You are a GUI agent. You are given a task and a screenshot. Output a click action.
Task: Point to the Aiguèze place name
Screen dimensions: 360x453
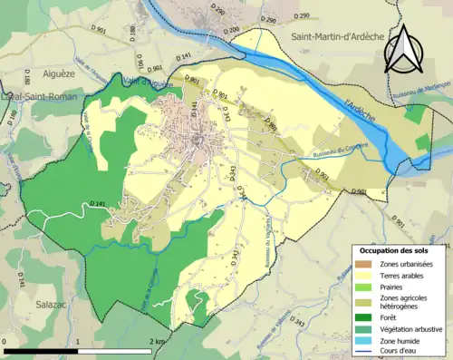click(x=53, y=70)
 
